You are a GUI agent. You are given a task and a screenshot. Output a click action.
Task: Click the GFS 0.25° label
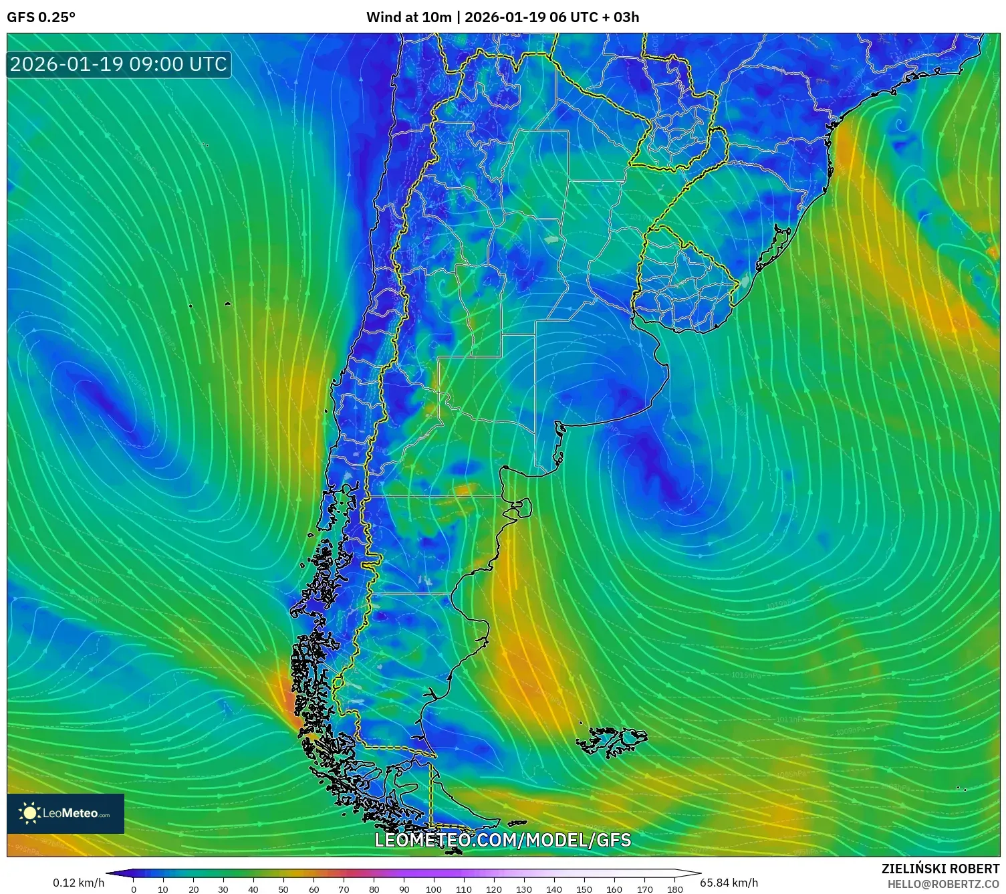41,17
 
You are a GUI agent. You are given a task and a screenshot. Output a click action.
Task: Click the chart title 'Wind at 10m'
408,17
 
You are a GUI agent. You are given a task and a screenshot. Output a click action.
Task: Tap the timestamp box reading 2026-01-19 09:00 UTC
118,64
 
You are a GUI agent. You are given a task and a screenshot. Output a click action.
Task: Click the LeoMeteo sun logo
30,813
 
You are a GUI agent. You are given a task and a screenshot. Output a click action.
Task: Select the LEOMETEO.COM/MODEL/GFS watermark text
502,840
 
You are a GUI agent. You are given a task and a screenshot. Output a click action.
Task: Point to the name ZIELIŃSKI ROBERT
940,869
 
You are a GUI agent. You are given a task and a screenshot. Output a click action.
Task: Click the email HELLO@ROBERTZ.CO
943,884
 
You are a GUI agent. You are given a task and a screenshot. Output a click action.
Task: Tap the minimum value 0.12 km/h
78,883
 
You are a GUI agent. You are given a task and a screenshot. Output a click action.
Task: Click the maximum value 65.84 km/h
729,883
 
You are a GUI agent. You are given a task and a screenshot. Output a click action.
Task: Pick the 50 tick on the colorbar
283,889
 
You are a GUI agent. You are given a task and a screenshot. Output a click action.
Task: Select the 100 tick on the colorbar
434,889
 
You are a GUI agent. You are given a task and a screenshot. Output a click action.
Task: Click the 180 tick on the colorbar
674,889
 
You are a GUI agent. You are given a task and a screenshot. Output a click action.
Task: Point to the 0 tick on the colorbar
134,889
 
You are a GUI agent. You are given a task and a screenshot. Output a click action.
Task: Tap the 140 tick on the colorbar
554,889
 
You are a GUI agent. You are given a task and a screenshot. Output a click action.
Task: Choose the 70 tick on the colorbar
344,889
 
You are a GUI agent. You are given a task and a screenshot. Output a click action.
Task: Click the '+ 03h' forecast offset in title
620,17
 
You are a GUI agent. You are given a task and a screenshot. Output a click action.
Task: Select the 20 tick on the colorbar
194,889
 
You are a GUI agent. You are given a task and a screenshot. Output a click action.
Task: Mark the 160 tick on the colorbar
614,889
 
